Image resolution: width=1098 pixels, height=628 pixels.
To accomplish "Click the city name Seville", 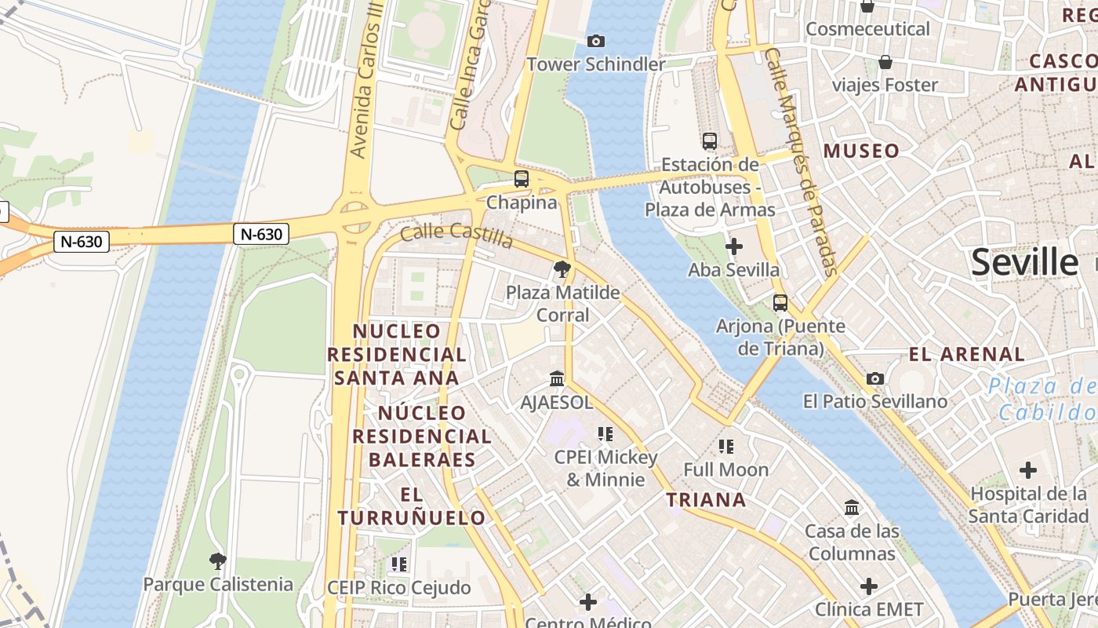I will (x=1024, y=262).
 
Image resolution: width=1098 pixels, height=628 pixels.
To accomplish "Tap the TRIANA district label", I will (x=706, y=500).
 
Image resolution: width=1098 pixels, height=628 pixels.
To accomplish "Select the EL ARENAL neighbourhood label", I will (x=967, y=354).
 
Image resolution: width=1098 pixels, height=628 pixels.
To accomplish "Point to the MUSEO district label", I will (x=861, y=151).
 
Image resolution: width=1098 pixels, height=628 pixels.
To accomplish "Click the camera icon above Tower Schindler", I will (x=596, y=41).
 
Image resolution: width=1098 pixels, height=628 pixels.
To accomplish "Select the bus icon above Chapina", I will (x=522, y=179).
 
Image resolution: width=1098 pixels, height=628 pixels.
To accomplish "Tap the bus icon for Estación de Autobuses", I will (x=710, y=141).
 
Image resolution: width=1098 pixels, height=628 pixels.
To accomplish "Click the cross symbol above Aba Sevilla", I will (x=734, y=247).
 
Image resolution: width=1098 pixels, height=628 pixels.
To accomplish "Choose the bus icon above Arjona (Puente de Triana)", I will (x=780, y=303).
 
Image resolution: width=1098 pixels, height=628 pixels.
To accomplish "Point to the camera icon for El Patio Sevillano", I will (x=875, y=379).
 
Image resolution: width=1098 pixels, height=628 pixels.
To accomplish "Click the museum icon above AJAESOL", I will (x=557, y=379).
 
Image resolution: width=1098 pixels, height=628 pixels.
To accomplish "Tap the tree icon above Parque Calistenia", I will (x=218, y=561).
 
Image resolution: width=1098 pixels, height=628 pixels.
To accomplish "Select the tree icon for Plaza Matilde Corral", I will (x=562, y=270).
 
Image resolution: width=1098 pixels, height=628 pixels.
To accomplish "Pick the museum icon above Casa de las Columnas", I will (x=852, y=508).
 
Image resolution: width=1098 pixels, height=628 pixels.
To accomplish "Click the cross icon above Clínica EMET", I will (x=869, y=586).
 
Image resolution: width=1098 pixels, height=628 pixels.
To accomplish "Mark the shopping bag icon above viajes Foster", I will (x=885, y=62).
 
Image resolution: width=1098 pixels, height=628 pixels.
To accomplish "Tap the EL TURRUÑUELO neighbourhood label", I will (x=412, y=506).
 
